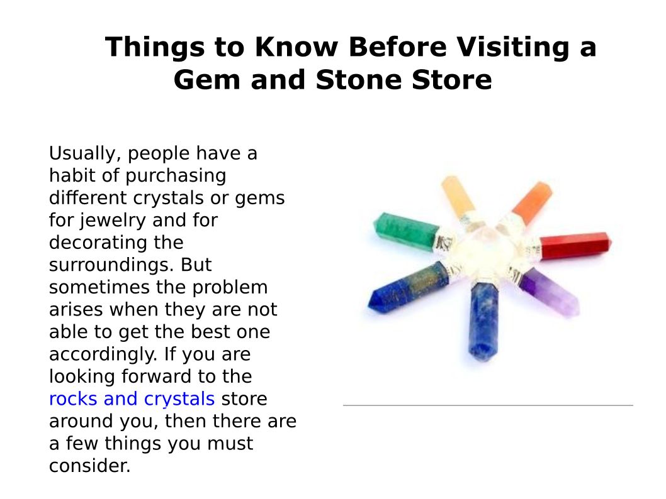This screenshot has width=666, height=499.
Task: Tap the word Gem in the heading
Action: click(208, 80)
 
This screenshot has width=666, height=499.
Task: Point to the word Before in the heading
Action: click(398, 47)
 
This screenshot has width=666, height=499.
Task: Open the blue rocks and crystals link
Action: click(132, 399)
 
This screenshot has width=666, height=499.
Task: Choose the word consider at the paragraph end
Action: click(89, 466)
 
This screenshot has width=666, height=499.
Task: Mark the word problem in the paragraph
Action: click(230, 288)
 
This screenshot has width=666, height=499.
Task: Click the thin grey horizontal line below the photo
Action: click(488, 405)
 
